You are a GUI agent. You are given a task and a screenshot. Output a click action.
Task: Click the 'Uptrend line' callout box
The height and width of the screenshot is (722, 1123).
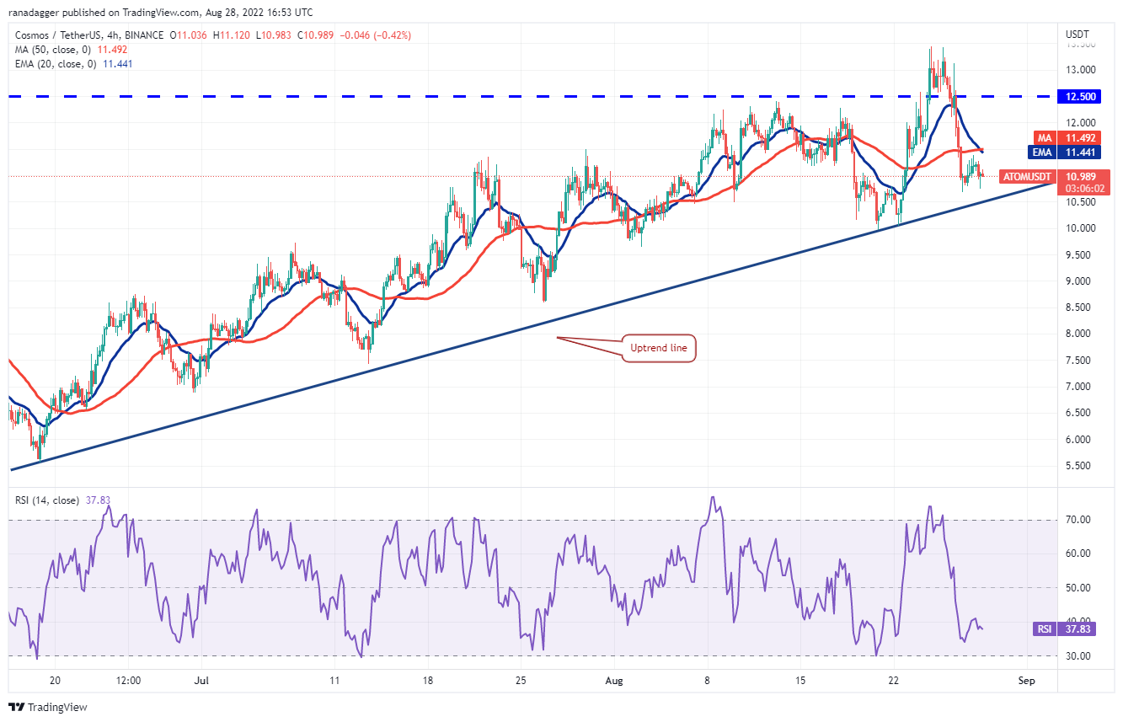click(x=659, y=348)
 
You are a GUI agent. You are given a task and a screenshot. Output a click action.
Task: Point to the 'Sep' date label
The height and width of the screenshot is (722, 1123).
click(x=1025, y=680)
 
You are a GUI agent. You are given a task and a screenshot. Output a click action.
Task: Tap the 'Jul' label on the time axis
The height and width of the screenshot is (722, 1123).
click(x=200, y=680)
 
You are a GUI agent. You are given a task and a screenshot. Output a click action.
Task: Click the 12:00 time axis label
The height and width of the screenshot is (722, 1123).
click(x=127, y=680)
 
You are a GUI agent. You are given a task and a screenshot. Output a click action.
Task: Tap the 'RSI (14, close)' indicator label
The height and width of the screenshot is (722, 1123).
click(x=46, y=500)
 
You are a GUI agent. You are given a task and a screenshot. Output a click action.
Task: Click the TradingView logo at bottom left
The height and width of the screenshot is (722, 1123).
click(x=48, y=707)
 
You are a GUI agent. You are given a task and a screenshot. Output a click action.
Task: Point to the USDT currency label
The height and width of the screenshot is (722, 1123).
click(x=1078, y=35)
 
